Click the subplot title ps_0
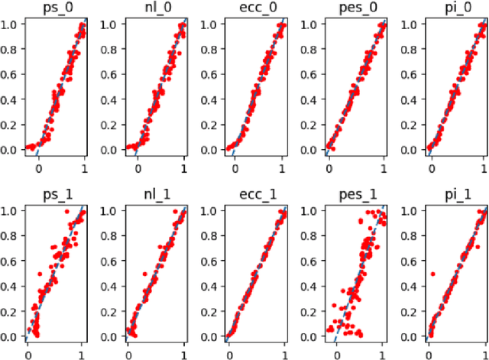54,8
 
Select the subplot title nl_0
155,8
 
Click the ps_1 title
54,196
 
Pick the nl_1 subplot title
155,196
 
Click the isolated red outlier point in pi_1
433,273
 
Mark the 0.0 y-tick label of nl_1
109,337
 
